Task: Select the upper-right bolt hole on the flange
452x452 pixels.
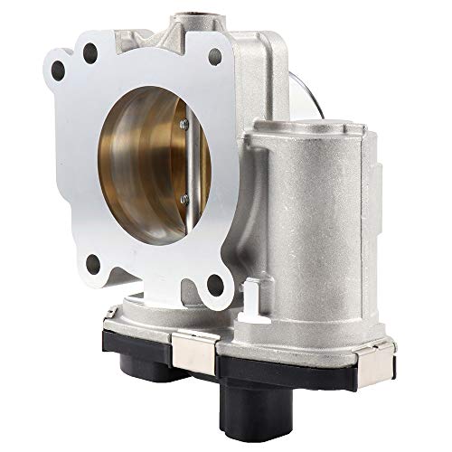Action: (215, 57)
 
